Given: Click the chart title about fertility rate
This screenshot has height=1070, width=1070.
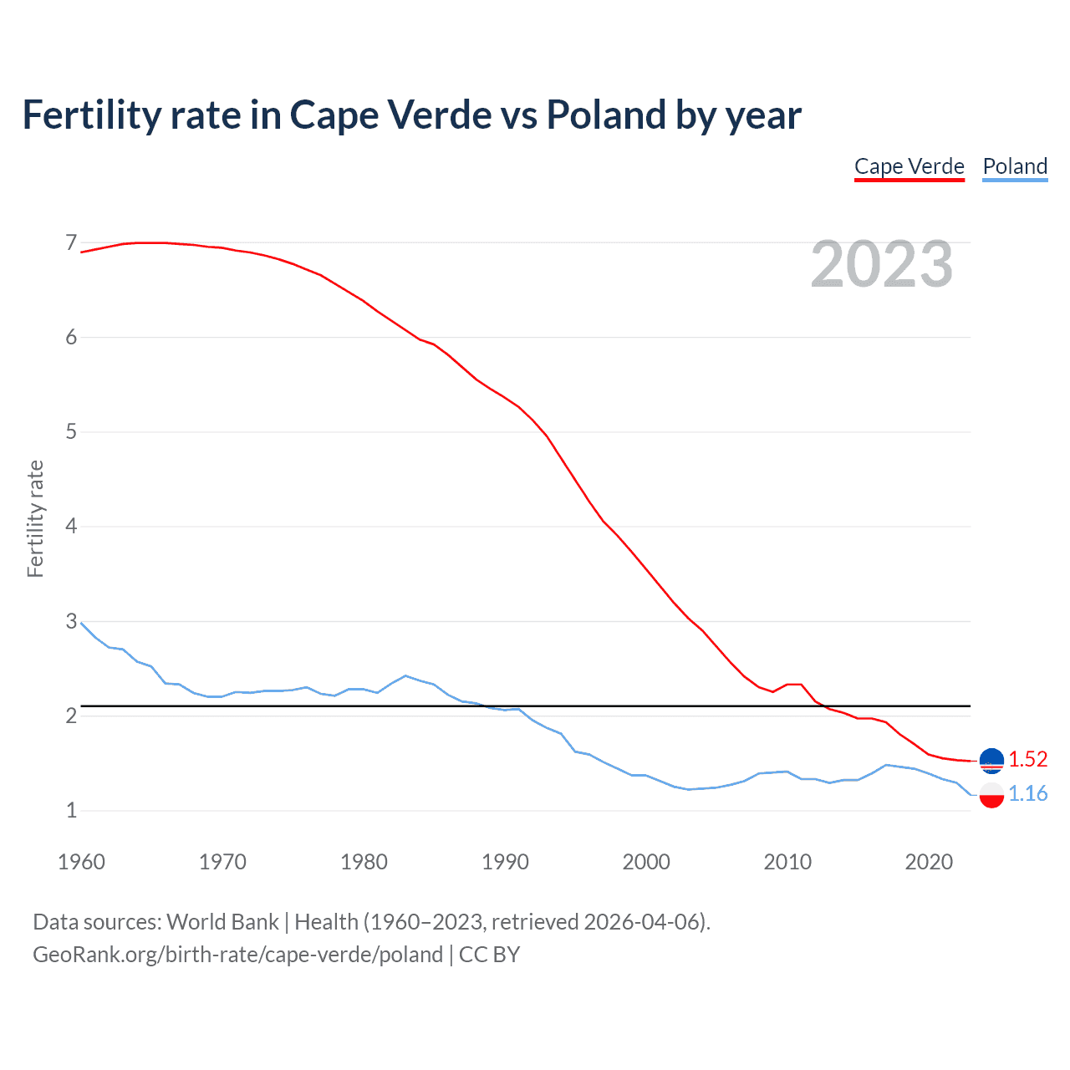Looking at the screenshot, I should (411, 115).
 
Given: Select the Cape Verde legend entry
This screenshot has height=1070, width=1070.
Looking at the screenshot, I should (909, 166).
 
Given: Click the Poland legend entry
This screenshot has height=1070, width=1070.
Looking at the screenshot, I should (1015, 166).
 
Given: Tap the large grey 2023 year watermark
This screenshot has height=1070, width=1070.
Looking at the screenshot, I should (881, 264).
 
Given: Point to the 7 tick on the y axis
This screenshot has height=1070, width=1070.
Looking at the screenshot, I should (71, 243).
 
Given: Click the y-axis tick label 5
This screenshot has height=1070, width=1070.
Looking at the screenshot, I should (71, 432).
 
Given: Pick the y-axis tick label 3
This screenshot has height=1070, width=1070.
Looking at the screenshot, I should (71, 621).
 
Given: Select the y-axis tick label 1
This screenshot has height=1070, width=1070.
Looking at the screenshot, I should (71, 810).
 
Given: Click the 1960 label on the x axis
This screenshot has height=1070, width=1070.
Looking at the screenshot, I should (81, 862).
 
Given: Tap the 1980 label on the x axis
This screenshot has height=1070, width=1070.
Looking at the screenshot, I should (364, 862).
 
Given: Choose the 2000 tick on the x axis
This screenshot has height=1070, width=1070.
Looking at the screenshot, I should (646, 862).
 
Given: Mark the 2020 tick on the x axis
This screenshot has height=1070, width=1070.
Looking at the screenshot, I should (929, 862).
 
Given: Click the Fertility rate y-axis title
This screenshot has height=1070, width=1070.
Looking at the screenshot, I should (35, 518).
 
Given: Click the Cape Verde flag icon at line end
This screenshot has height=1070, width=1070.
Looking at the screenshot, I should (991, 761).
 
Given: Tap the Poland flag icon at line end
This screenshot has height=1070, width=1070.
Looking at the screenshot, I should (991, 795).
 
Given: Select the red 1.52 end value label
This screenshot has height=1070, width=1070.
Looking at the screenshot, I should (1027, 759).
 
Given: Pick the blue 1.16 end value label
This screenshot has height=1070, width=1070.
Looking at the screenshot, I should (1027, 793).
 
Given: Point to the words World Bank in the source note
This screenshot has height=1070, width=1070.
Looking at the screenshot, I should (222, 922).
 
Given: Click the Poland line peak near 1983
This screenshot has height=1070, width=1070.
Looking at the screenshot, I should (405, 675).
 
